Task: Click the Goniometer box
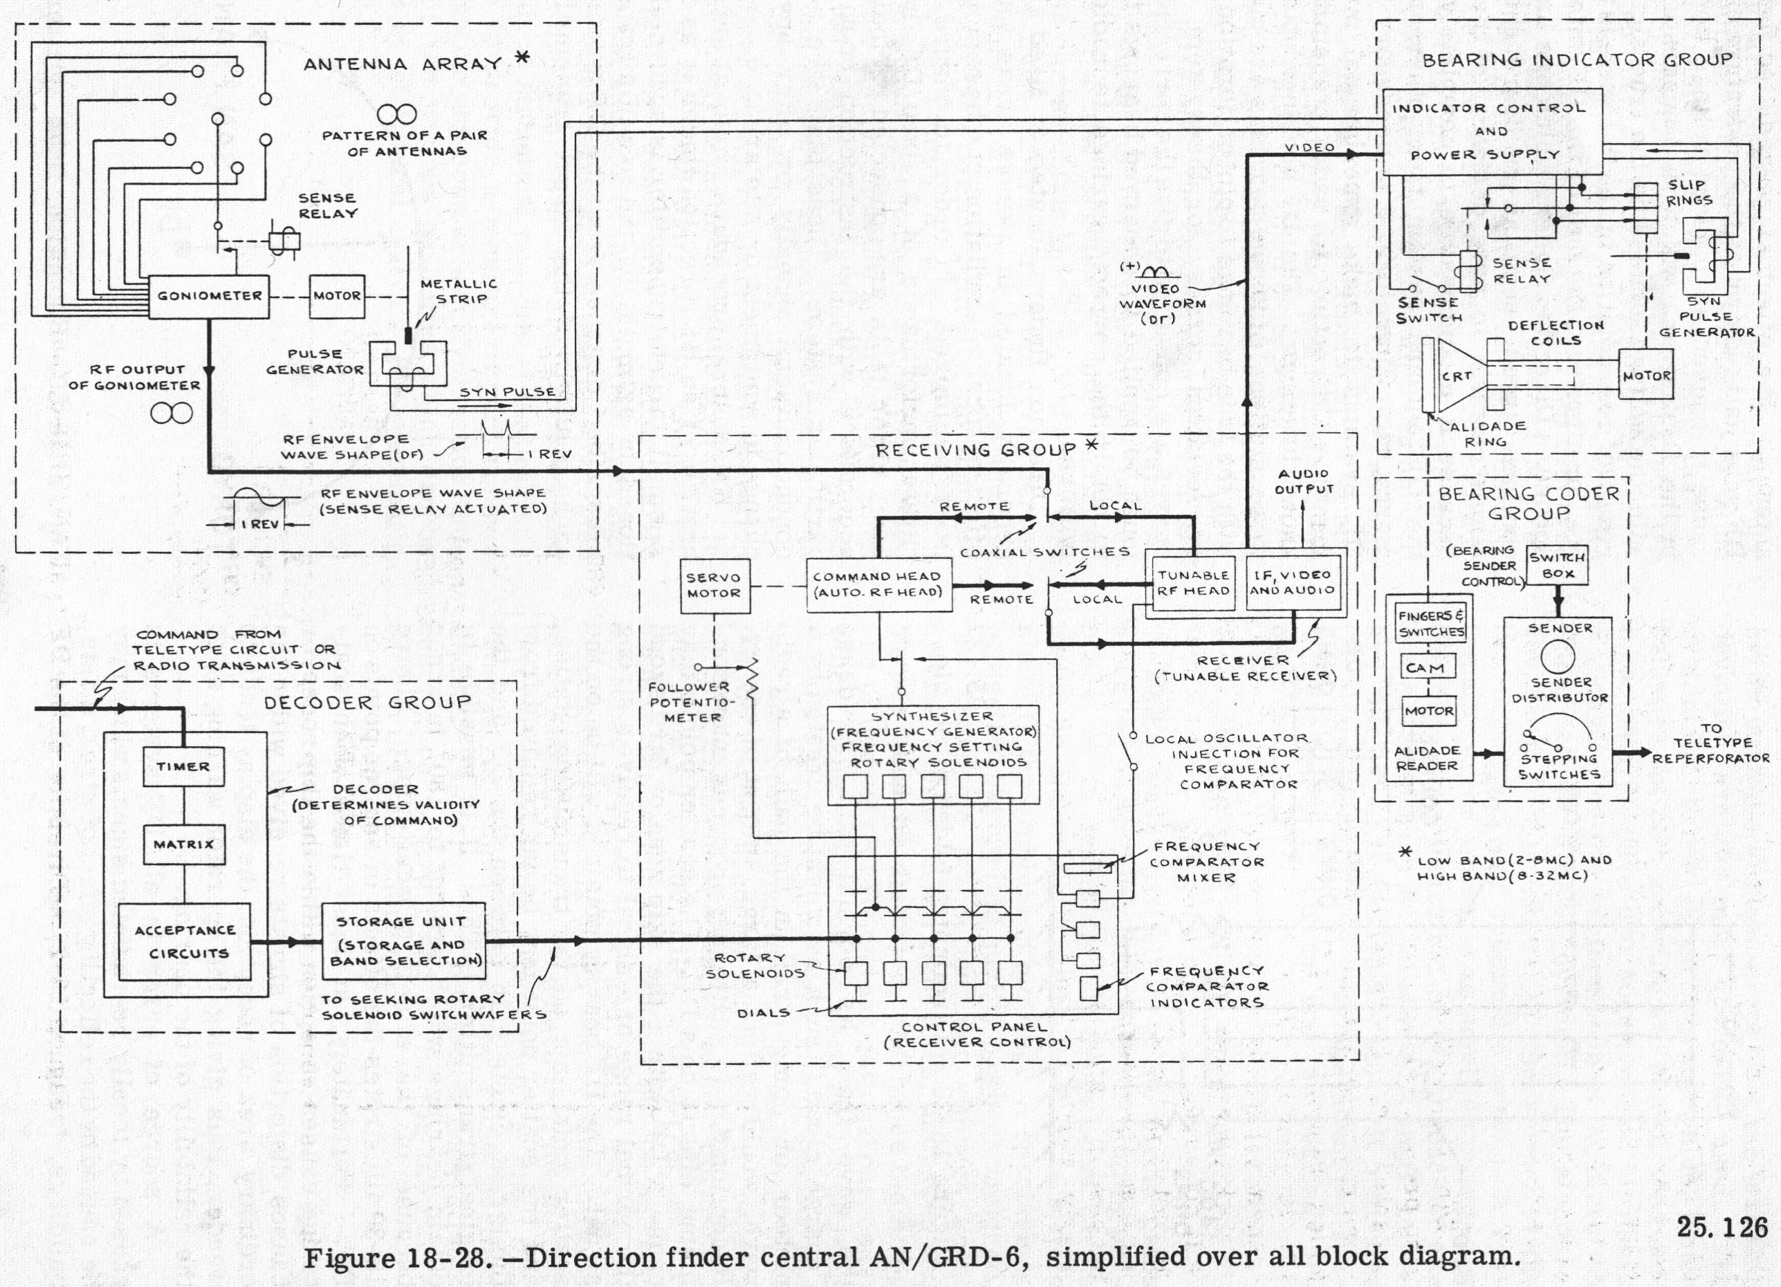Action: tap(209, 297)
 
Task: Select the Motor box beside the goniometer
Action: tap(337, 297)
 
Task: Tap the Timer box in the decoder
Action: tap(183, 766)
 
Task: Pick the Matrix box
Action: tap(184, 845)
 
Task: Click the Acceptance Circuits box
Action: tap(185, 941)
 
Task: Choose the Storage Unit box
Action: tap(403, 941)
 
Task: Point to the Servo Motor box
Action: tap(714, 586)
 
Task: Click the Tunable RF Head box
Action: tap(1193, 583)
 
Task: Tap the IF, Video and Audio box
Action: tap(1292, 583)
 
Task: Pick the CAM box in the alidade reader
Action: tap(1427, 668)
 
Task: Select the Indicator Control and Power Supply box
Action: tap(1491, 132)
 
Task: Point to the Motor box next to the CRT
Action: tap(1646, 376)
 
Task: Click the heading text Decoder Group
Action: tap(367, 703)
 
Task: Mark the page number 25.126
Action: tap(1722, 1228)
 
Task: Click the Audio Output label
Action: tap(1304, 481)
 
